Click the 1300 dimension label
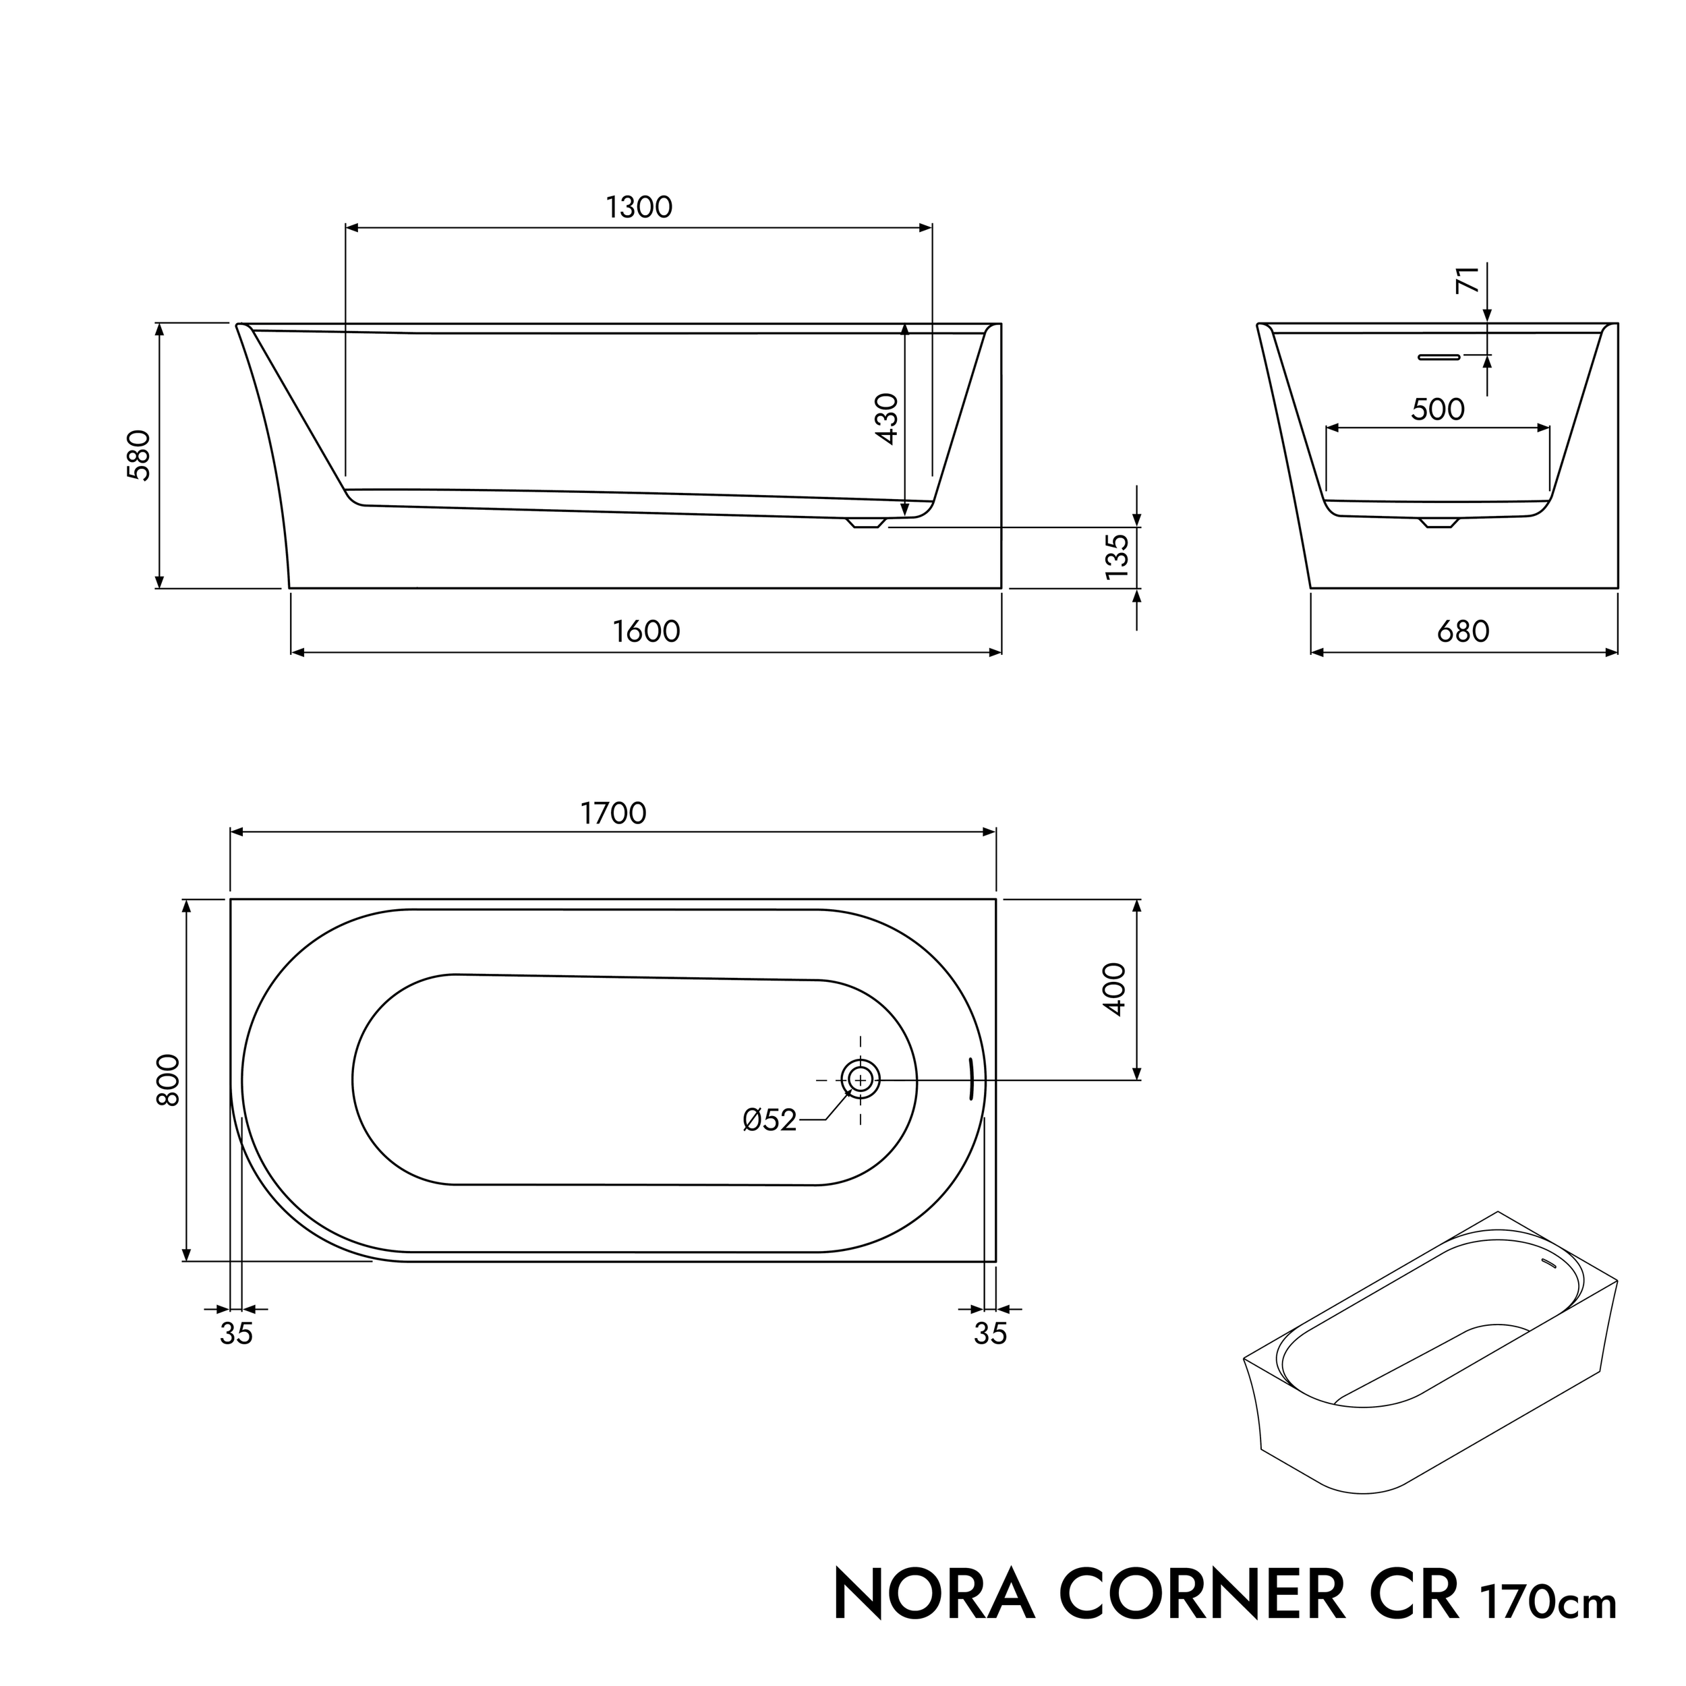(x=639, y=208)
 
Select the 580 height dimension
(x=140, y=455)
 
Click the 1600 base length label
(x=646, y=632)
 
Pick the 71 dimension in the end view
(x=1469, y=279)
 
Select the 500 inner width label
(x=1437, y=409)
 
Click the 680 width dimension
(x=1463, y=632)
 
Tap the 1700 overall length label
(x=614, y=813)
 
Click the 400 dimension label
(x=1115, y=989)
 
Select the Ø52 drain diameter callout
(x=769, y=1120)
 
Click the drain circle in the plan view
(x=861, y=1080)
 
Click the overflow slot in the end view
(x=1439, y=357)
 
